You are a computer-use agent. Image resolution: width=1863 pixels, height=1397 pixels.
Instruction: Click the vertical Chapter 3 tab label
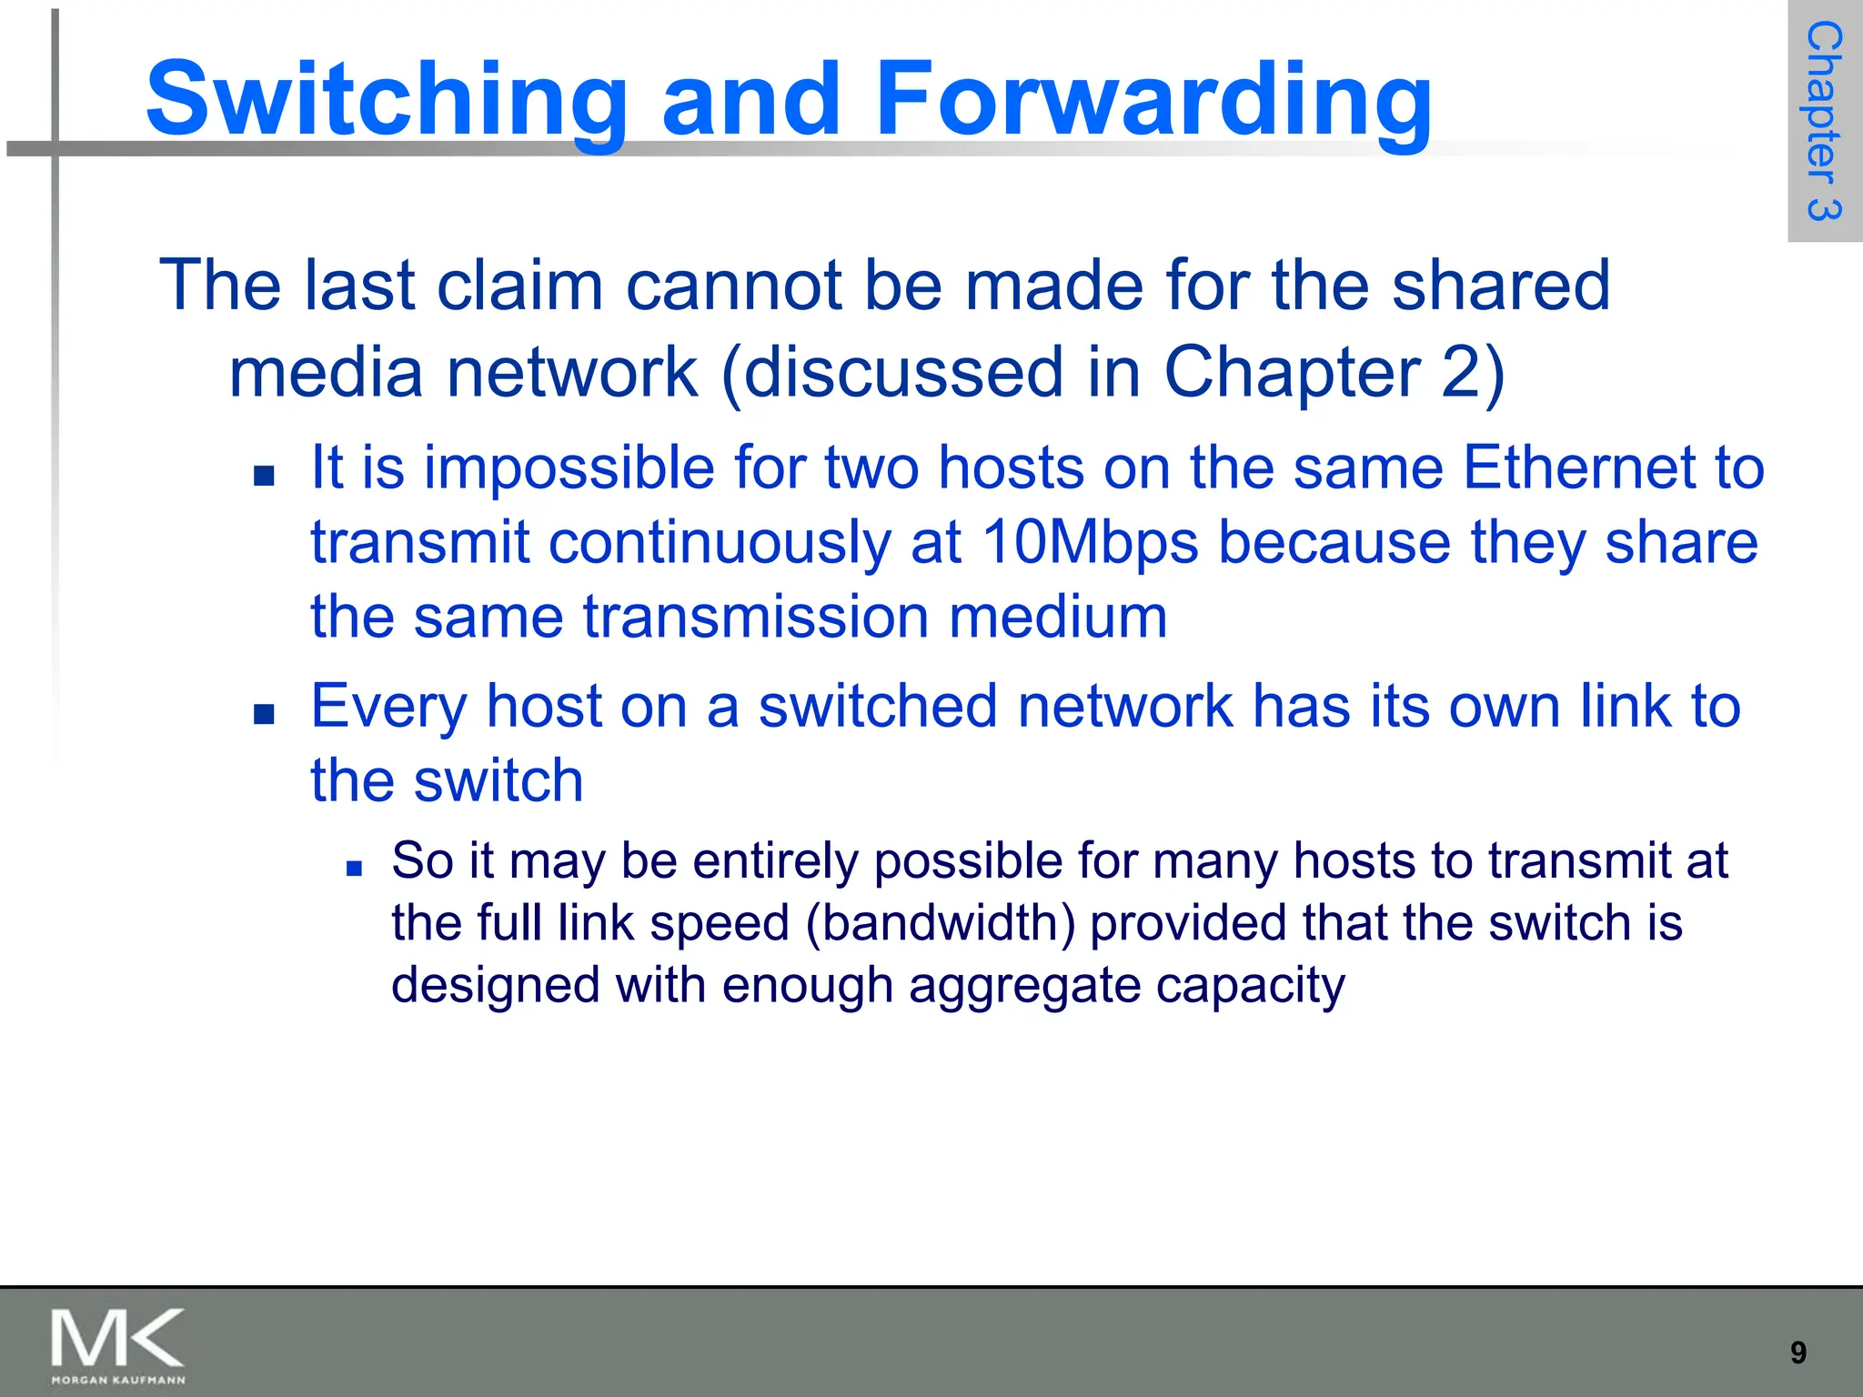pos(1824,121)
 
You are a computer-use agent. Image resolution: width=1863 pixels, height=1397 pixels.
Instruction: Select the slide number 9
pos(1798,1352)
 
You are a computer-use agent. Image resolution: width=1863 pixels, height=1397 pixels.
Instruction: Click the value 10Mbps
pos(1089,543)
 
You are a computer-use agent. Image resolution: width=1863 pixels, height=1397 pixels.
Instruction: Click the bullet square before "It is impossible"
pos(264,476)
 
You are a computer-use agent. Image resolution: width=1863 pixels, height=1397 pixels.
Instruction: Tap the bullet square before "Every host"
pos(264,714)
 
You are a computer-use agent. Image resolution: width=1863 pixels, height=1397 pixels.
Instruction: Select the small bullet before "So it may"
pos(355,869)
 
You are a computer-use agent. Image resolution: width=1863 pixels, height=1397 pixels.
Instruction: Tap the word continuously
pos(720,543)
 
